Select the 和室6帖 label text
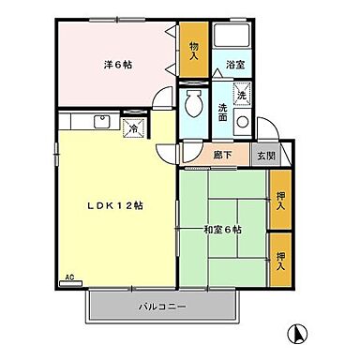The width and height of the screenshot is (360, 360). pyautogui.click(x=221, y=229)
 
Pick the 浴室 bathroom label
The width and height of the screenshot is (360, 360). pyautogui.click(x=235, y=66)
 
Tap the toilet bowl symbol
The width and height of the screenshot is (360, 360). pyautogui.click(x=194, y=104)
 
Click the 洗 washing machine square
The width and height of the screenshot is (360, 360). pyautogui.click(x=241, y=96)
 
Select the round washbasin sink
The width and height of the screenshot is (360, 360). pyautogui.click(x=242, y=122)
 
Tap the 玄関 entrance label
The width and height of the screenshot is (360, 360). pyautogui.click(x=267, y=156)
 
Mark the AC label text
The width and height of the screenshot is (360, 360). pyautogui.click(x=69, y=278)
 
